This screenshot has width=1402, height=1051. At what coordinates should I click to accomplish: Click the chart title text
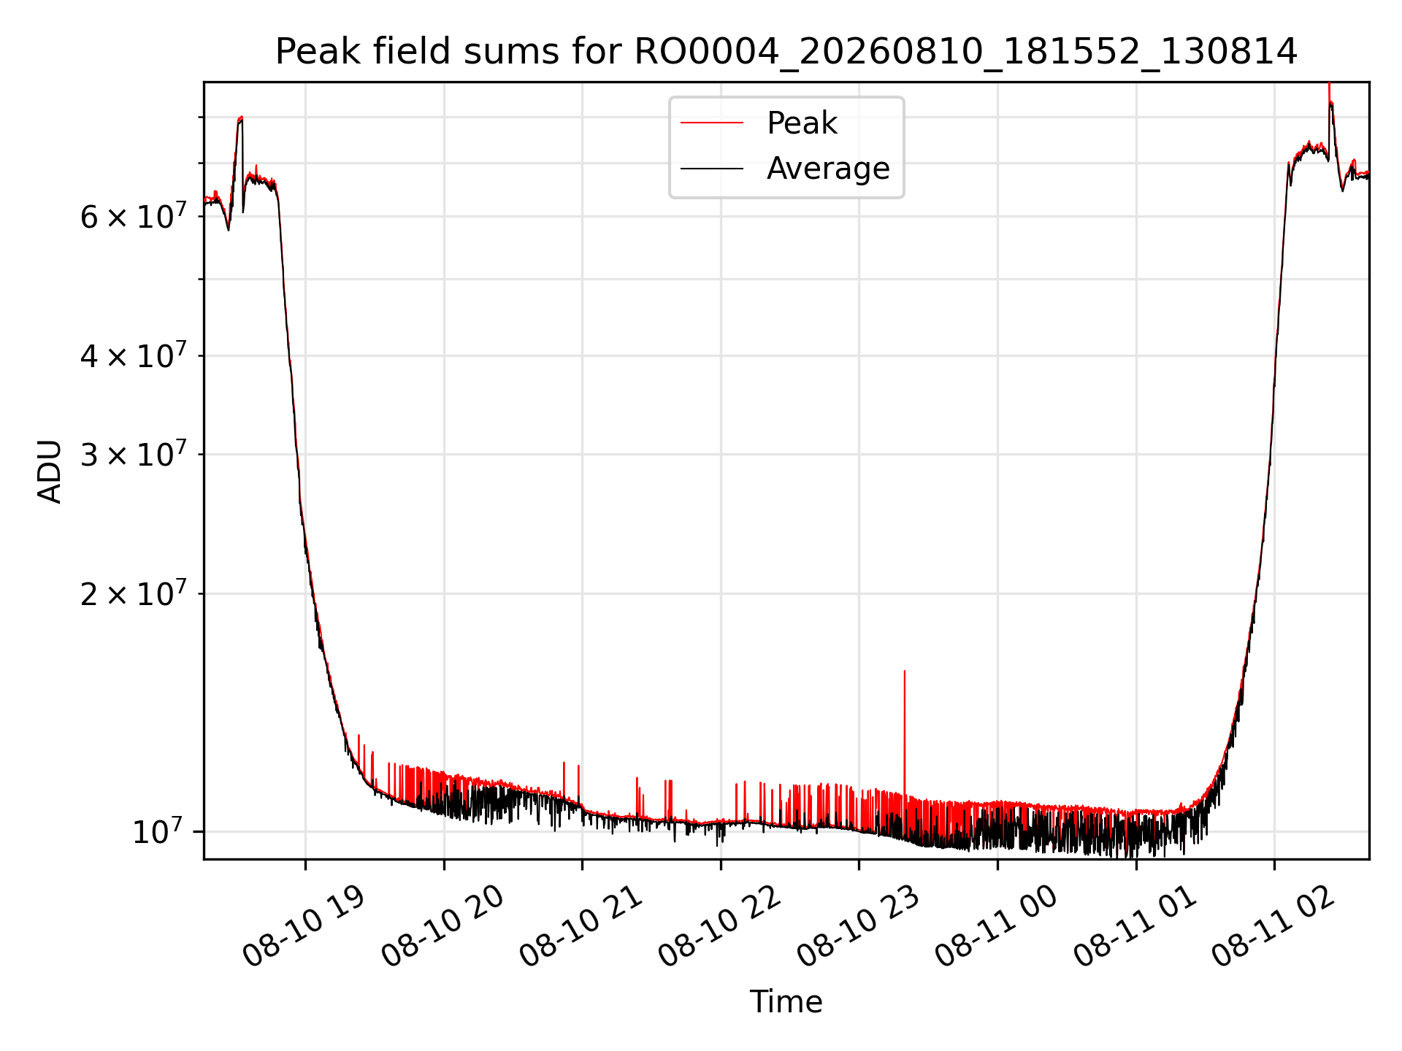786,53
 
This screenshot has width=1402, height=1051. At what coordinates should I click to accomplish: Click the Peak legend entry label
802,123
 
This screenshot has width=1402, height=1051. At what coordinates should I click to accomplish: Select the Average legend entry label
828,169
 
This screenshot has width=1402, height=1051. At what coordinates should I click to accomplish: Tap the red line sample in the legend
712,123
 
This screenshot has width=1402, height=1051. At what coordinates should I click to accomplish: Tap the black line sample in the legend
712,169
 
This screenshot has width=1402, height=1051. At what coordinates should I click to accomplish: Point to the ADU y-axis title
50,471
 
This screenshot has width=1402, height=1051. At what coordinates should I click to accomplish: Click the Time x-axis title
786,1002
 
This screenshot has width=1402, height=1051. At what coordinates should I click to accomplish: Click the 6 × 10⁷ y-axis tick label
133,216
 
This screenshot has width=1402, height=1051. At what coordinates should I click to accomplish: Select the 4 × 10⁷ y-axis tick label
133,356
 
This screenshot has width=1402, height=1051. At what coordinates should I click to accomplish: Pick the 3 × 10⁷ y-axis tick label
133,455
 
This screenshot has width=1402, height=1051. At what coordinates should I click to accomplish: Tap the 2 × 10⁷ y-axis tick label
133,594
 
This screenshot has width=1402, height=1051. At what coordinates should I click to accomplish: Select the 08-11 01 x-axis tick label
1135,927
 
